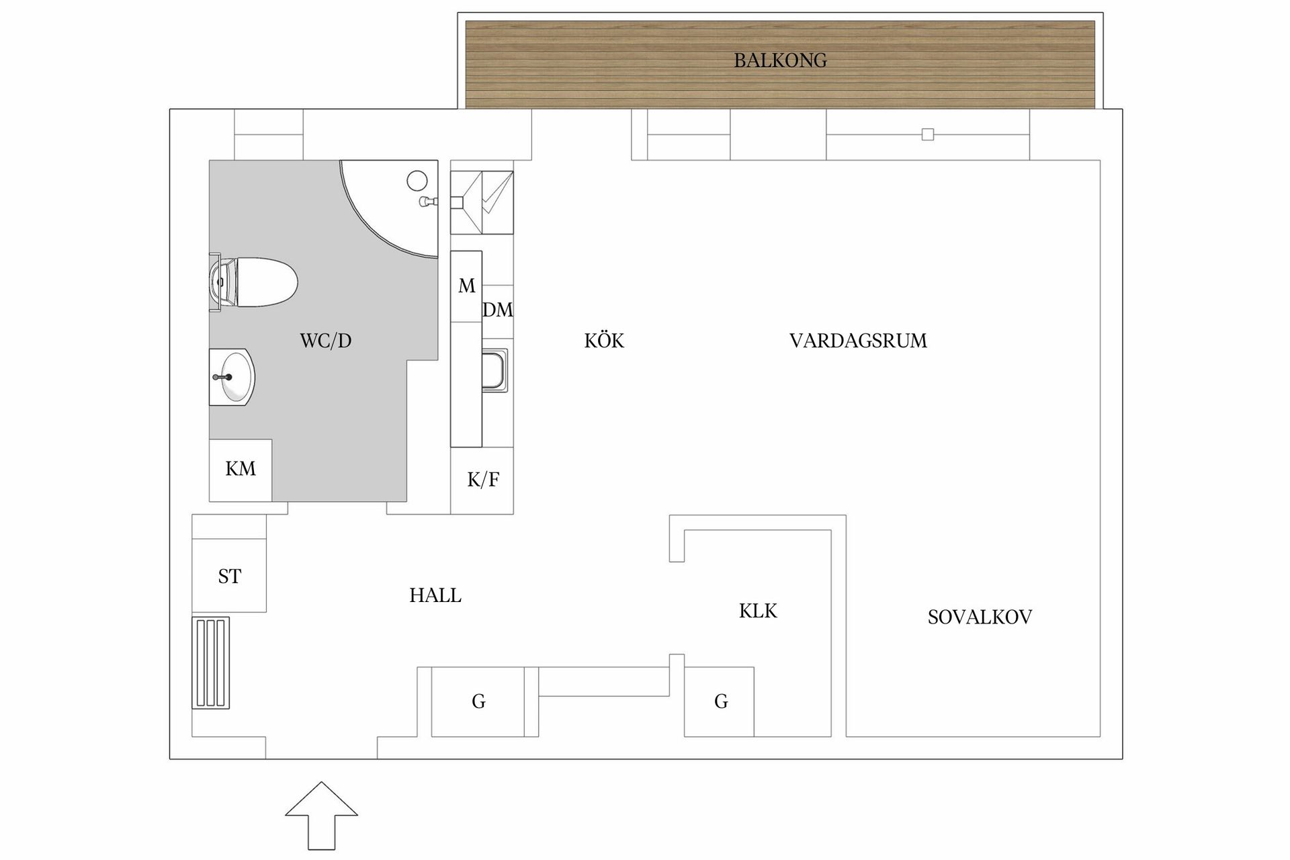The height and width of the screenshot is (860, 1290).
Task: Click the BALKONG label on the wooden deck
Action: (780, 60)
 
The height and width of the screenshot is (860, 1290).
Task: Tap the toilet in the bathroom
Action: (259, 282)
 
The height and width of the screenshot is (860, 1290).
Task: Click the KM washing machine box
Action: (241, 469)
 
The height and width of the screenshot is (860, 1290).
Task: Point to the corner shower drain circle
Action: (417, 180)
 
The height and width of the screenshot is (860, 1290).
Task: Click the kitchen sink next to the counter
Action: (495, 370)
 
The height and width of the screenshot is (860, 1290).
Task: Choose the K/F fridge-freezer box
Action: (482, 480)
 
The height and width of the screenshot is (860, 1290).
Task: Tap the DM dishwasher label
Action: (498, 310)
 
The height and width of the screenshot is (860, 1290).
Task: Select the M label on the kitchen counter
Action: (466, 286)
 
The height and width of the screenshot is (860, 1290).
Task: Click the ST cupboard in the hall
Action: (229, 575)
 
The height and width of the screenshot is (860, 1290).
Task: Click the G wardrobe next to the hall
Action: (478, 701)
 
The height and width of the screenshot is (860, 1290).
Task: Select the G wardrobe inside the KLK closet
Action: (720, 701)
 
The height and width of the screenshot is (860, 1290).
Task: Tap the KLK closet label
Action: (758, 611)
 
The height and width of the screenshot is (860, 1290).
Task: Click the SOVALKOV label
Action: (979, 617)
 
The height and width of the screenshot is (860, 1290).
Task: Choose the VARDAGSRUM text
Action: (858, 341)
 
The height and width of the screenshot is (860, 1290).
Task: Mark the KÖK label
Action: (604, 341)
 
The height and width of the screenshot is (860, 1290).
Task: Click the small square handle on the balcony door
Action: (928, 134)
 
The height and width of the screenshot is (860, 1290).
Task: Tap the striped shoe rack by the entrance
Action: (211, 662)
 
